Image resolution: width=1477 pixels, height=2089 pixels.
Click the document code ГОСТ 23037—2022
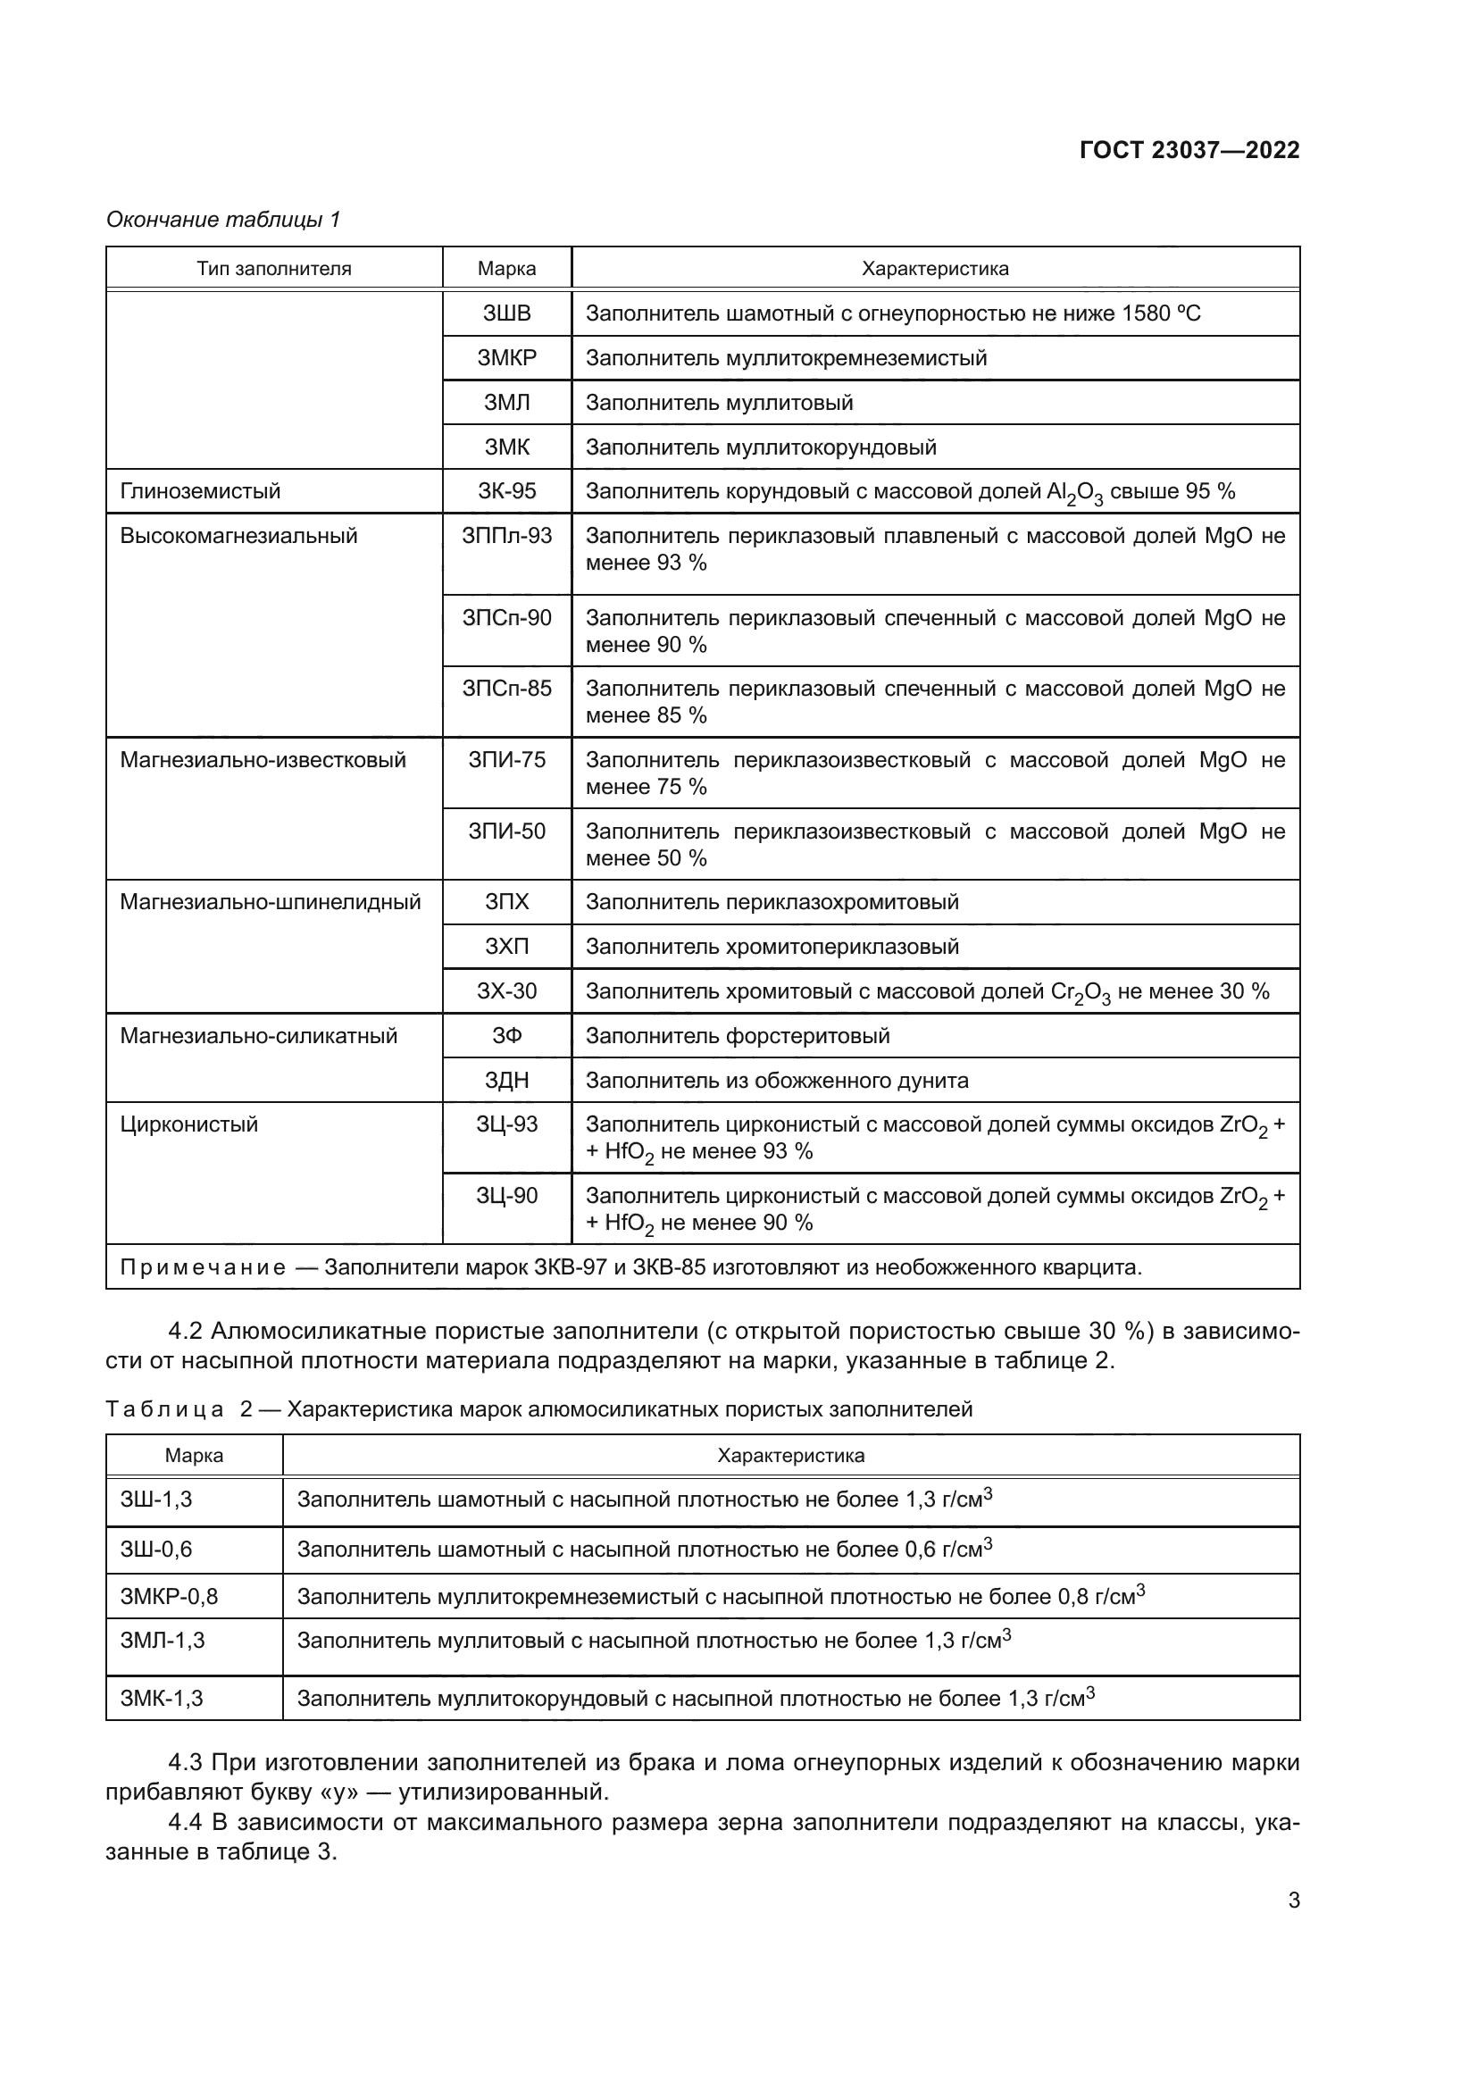(1189, 150)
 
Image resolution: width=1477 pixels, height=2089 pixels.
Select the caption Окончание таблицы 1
(223, 220)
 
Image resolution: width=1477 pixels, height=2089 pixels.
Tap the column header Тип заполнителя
(274, 269)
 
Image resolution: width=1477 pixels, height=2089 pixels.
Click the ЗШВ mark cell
(506, 313)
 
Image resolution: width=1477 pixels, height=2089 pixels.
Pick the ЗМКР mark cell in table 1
(506, 357)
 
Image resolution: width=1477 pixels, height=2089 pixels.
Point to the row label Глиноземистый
(200, 491)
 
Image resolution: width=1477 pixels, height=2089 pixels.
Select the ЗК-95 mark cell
(506, 491)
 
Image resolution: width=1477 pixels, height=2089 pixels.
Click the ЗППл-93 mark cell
(506, 536)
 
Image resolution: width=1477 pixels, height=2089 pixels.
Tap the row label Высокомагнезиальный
(238, 536)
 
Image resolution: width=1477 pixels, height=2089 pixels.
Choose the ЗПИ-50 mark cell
(506, 831)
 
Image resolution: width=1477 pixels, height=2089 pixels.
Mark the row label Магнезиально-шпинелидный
(270, 902)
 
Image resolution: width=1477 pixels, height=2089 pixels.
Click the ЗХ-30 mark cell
(506, 990)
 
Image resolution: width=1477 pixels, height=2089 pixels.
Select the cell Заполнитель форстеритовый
(737, 1035)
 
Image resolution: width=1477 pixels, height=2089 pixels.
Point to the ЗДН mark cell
(506, 1080)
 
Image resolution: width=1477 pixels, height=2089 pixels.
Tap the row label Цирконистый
(189, 1124)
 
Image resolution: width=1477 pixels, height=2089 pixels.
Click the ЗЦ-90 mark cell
(506, 1196)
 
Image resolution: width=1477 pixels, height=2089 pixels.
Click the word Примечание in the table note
(203, 1267)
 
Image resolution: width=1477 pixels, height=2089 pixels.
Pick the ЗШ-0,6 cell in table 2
(156, 1549)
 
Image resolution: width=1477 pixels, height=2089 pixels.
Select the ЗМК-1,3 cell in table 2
(162, 1698)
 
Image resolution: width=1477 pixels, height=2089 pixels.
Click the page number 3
(1293, 1900)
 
